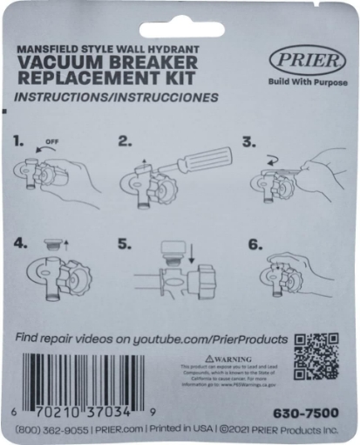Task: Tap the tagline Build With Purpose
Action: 301,83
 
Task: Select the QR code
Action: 316,356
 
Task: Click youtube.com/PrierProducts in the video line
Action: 209,337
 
